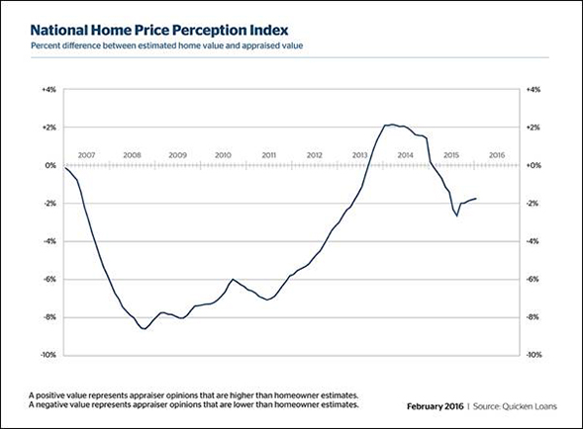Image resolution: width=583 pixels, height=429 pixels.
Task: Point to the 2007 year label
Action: pyautogui.click(x=86, y=155)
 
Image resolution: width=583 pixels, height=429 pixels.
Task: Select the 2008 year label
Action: pyautogui.click(x=132, y=155)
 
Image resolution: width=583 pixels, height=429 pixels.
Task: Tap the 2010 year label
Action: pyautogui.click(x=223, y=155)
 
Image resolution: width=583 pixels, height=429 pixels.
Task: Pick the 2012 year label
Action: pyautogui.click(x=314, y=155)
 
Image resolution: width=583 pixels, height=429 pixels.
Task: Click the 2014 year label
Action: pyautogui.click(x=405, y=155)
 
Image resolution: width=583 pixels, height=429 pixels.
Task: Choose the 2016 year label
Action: pyautogui.click(x=496, y=155)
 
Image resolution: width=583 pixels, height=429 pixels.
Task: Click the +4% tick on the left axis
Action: pyautogui.click(x=49, y=90)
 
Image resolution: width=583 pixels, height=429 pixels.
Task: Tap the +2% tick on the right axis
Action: pyautogui.click(x=532, y=129)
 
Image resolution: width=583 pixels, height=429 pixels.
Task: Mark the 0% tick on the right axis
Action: pyautogui.click(x=532, y=166)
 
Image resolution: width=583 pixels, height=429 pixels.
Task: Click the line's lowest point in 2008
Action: pyautogui.click(x=145, y=328)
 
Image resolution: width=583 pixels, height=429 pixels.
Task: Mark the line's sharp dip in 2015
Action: pyautogui.click(x=456, y=214)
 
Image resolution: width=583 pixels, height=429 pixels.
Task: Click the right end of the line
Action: pyautogui.click(x=476, y=199)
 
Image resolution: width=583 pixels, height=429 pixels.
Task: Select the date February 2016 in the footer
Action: pyautogui.click(x=437, y=406)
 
